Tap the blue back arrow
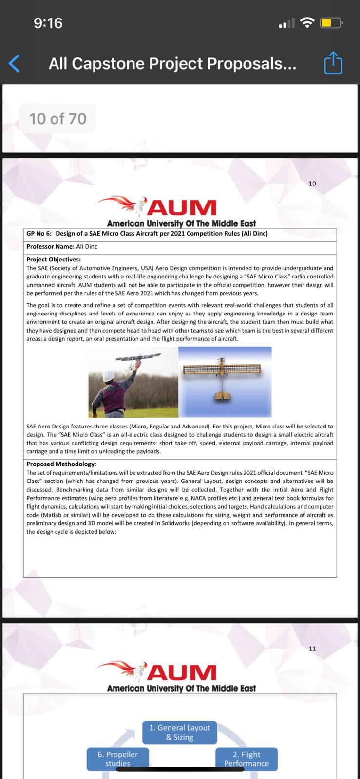(15, 63)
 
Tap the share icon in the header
(333, 63)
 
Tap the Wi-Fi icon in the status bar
(307, 22)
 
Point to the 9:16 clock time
(48, 23)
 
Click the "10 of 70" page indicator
(58, 118)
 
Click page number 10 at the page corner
(312, 184)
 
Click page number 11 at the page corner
(312, 649)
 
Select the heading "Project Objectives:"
(54, 260)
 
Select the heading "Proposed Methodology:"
(61, 464)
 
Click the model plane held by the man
(137, 357)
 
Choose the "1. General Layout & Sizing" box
(179, 732)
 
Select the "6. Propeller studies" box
(117, 759)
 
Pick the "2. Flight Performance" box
(246, 759)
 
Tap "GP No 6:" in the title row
(39, 234)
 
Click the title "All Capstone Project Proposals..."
(172, 63)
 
